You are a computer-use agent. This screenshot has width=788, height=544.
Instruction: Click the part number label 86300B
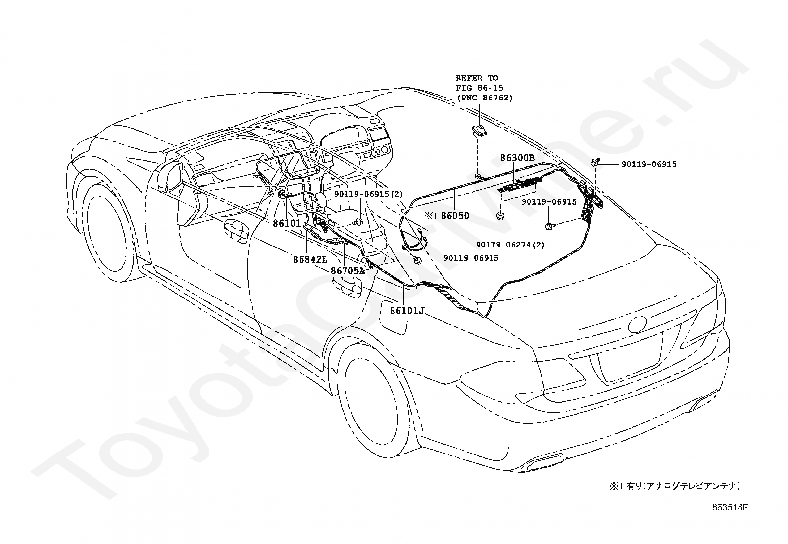tap(517, 158)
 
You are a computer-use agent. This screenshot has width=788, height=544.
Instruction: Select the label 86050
tap(455, 215)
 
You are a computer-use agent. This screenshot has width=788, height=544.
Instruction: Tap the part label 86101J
tap(407, 311)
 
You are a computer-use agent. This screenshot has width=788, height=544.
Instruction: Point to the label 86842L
tap(310, 260)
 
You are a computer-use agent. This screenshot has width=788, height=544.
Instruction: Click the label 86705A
tap(347, 271)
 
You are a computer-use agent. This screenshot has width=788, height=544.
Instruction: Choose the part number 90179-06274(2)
tap(510, 244)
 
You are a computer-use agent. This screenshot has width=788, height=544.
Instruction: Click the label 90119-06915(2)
tap(368, 194)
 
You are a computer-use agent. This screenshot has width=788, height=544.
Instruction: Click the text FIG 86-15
tap(480, 88)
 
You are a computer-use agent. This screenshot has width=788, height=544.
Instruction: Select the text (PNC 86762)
tap(485, 98)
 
